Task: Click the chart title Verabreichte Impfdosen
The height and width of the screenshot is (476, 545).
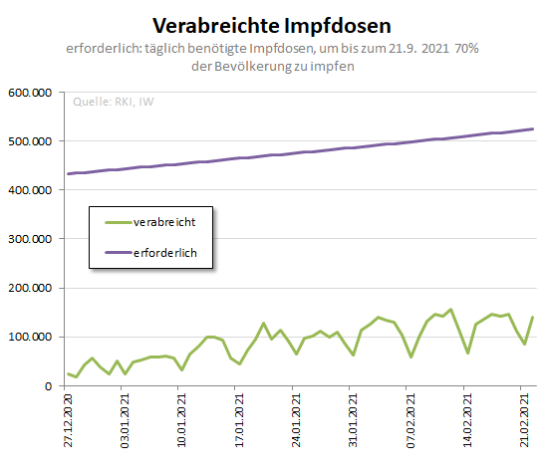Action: click(x=272, y=23)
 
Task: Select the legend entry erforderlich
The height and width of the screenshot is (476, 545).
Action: click(x=165, y=254)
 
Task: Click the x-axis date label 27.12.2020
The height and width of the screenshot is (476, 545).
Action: click(x=69, y=421)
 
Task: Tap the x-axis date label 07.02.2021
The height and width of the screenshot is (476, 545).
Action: click(x=411, y=421)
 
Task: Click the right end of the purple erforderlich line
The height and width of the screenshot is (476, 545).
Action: click(x=533, y=128)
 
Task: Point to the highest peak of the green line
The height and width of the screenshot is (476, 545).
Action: click(x=450, y=310)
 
